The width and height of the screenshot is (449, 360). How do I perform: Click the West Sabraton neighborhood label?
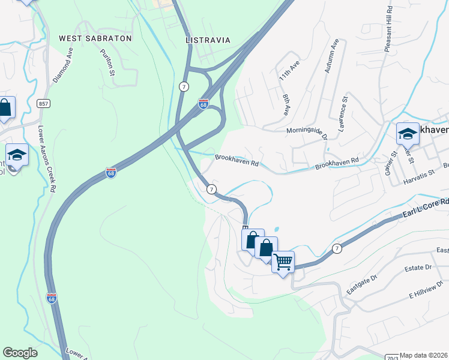[95, 38]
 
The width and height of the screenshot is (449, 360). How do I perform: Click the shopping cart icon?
[283, 262]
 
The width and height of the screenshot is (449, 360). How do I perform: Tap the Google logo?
[20, 353]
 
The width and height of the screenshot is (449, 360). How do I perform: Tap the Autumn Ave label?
[332, 56]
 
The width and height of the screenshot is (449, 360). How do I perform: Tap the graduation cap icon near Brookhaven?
[408, 133]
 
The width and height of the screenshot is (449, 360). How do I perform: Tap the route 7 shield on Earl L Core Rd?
[337, 248]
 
